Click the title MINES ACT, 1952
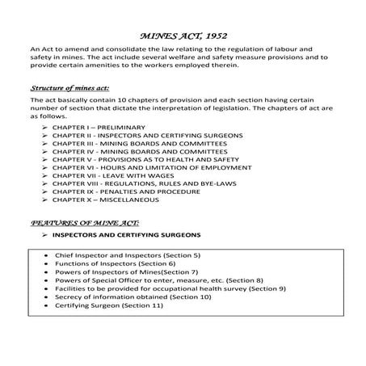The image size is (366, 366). [x=182, y=36]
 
